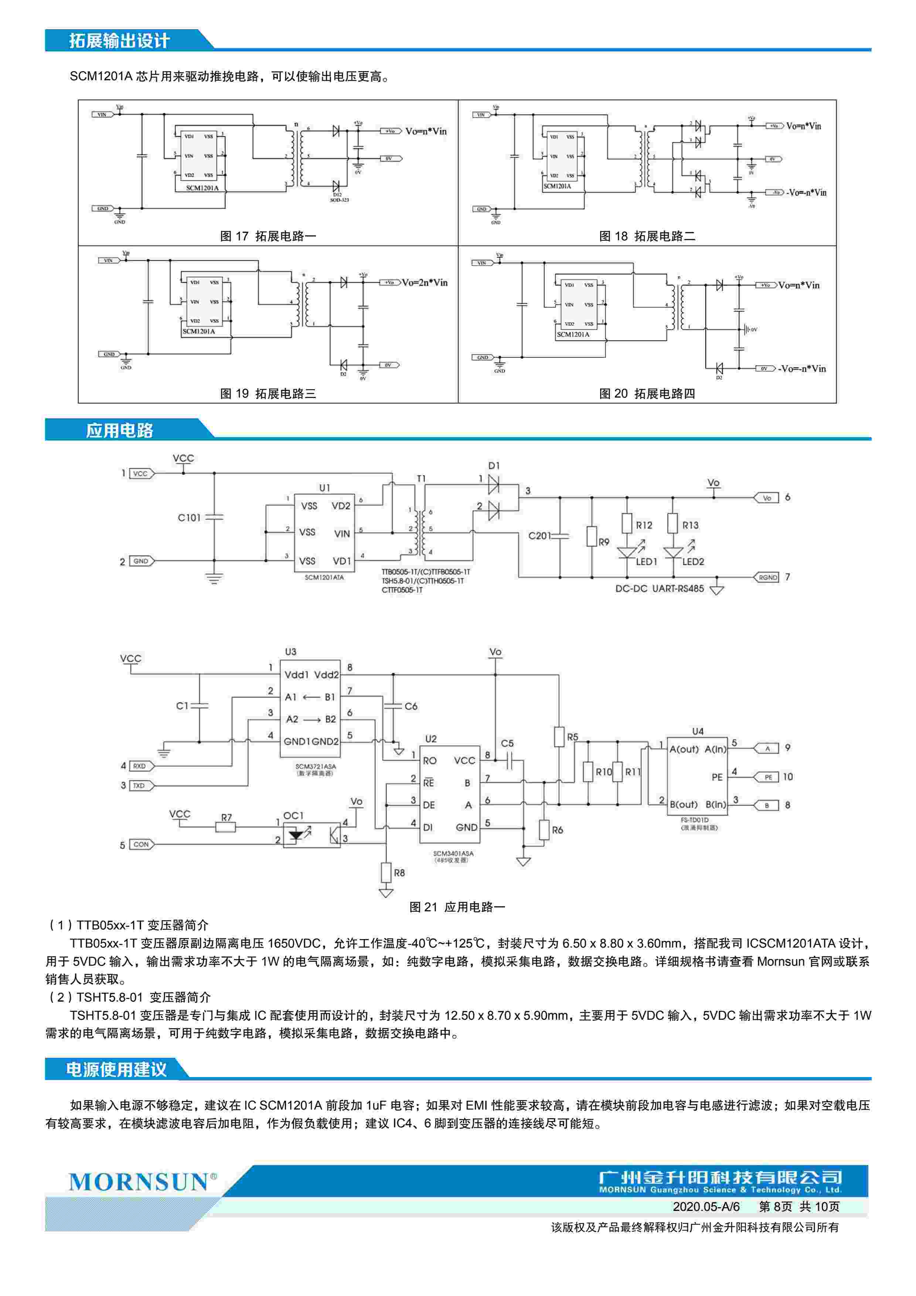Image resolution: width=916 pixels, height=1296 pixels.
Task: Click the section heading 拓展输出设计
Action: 119,41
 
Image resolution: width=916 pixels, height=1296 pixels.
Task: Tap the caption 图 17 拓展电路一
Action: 268,236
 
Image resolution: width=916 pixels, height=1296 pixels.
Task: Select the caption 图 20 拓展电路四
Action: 647,394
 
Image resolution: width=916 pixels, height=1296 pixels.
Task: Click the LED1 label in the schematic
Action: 646,562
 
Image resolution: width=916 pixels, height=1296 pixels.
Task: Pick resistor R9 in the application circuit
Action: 592,536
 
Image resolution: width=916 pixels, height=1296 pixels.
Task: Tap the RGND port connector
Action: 767,577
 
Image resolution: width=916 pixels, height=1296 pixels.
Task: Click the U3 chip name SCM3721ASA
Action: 315,766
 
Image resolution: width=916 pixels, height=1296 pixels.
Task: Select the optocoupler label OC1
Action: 293,816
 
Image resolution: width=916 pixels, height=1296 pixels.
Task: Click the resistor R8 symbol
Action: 386,872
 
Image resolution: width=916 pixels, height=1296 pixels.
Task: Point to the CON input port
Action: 141,844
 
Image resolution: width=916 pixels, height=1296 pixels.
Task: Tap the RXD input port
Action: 140,766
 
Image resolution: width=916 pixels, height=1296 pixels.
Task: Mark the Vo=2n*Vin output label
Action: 425,282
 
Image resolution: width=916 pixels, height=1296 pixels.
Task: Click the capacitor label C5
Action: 507,743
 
